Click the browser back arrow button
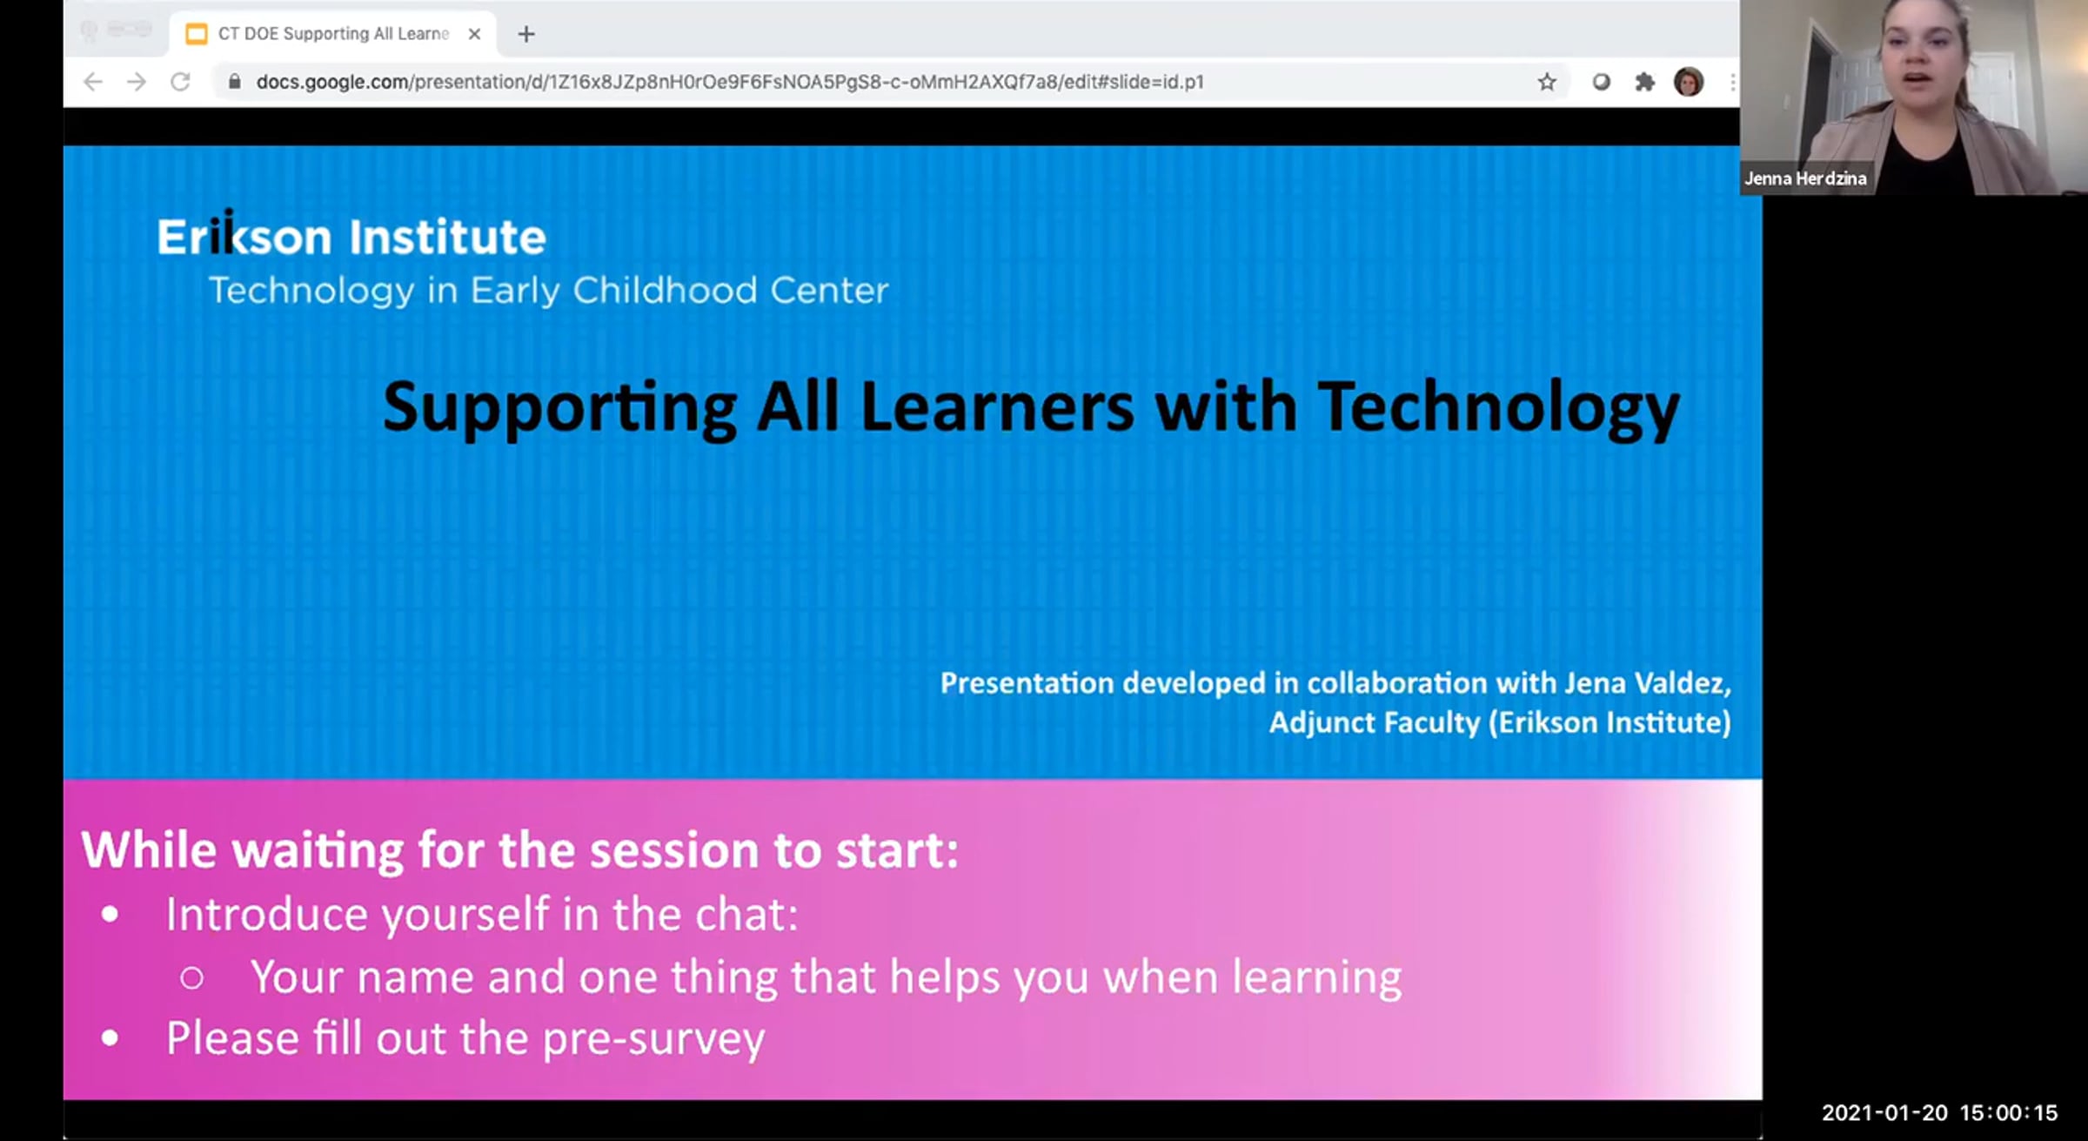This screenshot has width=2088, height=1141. tap(93, 82)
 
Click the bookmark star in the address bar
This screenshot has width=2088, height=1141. tap(1547, 82)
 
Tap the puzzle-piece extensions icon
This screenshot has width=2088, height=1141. tap(1644, 82)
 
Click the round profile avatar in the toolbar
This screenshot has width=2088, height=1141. tap(1689, 82)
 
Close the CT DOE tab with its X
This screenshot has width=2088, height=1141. tap(474, 34)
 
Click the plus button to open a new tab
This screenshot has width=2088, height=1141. tap(526, 34)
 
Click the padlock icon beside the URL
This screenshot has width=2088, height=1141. tap(234, 82)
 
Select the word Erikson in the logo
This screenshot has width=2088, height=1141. tap(244, 235)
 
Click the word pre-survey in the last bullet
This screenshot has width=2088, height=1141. tap(653, 1039)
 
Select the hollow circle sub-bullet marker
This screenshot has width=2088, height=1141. tap(192, 978)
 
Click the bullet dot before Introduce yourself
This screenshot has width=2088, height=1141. tap(110, 914)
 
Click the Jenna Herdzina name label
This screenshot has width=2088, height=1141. tap(1805, 178)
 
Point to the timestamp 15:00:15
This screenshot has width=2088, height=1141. tap(2009, 1112)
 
